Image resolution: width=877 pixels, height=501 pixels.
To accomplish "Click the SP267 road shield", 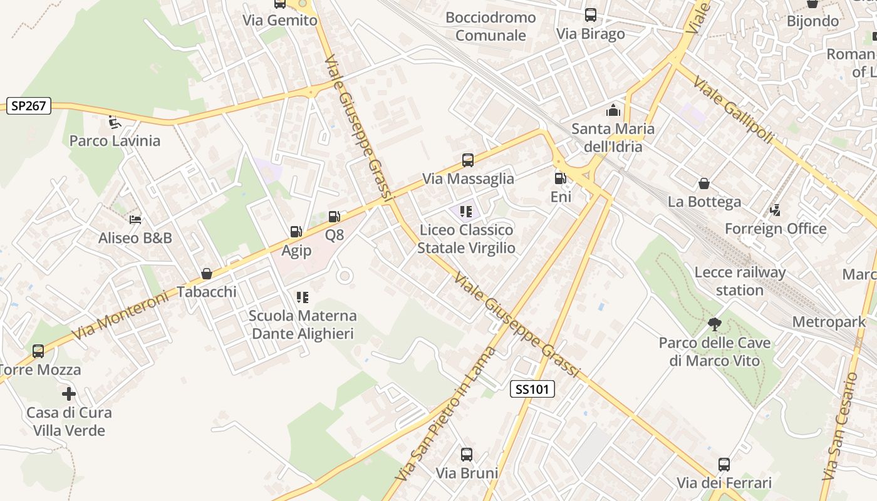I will (29, 106).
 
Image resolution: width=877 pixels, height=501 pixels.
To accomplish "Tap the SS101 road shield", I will (532, 389).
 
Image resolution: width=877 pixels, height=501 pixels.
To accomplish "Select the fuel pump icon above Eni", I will (560, 178).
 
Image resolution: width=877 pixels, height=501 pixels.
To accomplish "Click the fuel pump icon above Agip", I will (295, 232).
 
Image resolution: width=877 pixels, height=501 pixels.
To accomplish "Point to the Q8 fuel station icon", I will (335, 217).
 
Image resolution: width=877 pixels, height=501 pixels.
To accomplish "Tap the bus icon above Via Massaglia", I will (468, 160).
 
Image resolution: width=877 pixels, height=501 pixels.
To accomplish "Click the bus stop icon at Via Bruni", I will (467, 455).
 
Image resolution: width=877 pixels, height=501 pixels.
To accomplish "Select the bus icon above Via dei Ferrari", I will (724, 465).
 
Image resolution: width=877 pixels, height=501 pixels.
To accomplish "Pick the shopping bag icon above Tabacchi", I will (206, 274).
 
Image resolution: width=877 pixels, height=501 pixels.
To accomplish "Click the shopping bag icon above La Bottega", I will (704, 183).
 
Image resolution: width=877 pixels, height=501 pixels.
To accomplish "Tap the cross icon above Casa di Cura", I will (69, 394).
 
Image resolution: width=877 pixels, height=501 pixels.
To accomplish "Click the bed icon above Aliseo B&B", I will (135, 219).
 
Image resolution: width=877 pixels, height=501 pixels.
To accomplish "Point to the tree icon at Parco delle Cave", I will (714, 324).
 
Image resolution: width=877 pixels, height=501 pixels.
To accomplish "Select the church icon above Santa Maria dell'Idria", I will (613, 111).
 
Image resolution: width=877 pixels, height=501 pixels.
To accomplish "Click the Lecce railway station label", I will (740, 281).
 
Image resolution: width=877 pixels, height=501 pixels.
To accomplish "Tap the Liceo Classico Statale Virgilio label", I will (466, 239).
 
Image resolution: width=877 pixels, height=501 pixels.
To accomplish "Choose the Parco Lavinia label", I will (115, 140).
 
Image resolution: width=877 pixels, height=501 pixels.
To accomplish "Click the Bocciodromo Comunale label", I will (490, 26).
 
